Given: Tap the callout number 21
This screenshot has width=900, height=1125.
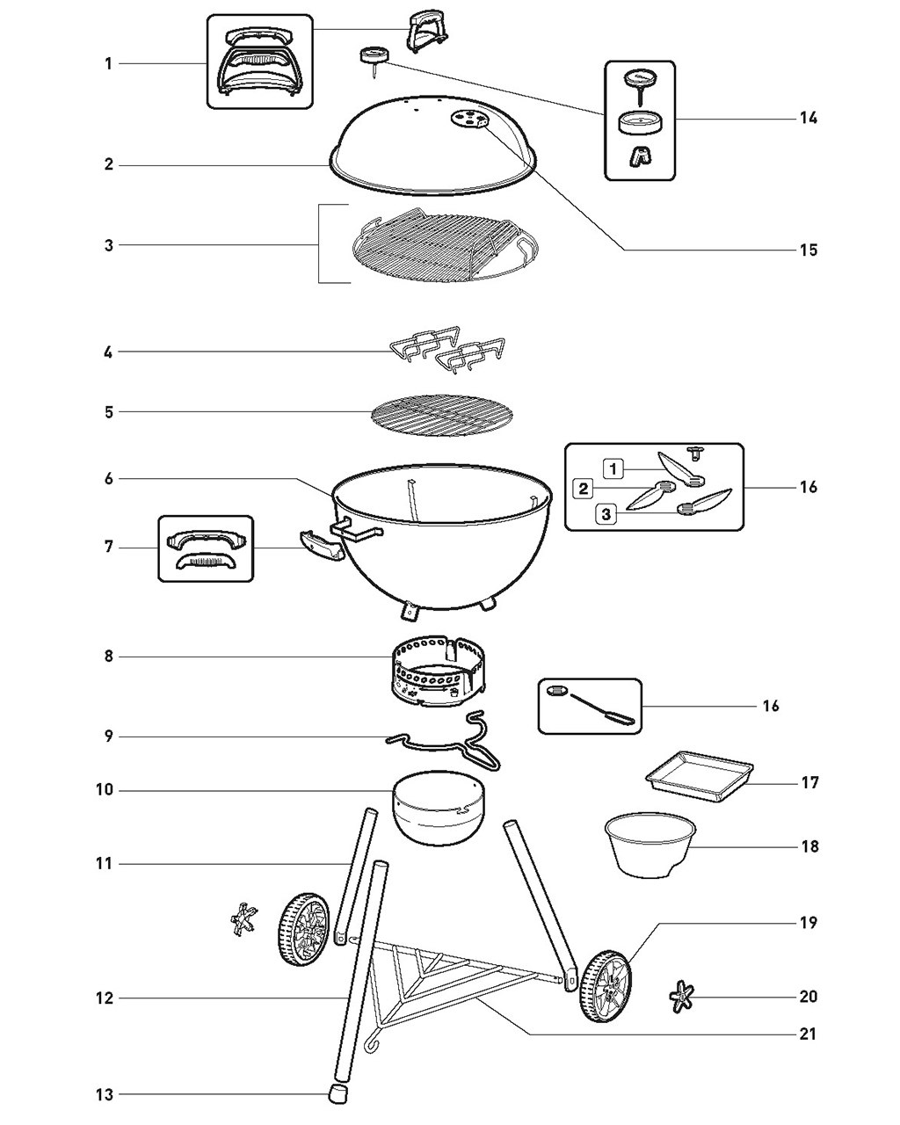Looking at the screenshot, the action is coord(808,1034).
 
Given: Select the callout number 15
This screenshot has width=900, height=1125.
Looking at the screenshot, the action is coord(809,250).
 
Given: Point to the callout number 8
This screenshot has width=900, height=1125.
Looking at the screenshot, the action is coord(108,657).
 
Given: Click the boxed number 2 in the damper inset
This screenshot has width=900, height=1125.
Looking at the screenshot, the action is coord(583,489).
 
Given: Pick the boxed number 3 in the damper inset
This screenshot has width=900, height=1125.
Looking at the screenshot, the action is coord(606,514).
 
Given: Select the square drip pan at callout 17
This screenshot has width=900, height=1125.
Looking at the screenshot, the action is coord(700,777).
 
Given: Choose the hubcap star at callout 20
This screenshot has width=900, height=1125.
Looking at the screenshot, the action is coord(681,997).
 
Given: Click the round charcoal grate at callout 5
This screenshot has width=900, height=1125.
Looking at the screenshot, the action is coord(442,416).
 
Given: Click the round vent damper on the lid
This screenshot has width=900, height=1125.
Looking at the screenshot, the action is coord(469,118).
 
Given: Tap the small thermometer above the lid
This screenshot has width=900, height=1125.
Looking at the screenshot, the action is coord(374,59).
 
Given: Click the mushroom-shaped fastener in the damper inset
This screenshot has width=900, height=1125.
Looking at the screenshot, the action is coord(695,453).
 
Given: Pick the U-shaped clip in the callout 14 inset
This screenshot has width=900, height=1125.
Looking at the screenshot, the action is coord(640,156).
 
